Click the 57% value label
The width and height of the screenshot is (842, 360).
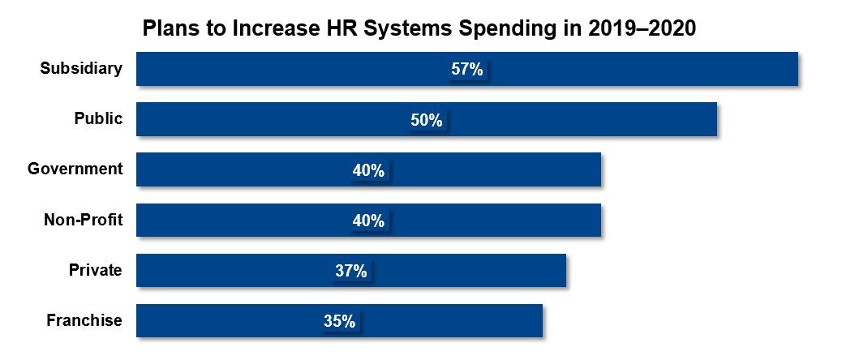467,70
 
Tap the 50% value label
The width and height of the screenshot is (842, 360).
427,120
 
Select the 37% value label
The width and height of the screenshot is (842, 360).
351,271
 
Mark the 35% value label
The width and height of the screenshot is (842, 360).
339,321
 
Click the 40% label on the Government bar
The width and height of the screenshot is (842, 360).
368,170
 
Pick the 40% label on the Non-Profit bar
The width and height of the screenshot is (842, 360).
368,221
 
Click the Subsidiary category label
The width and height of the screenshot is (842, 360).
82,68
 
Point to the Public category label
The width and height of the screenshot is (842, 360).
98,118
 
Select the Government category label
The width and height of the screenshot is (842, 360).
75,169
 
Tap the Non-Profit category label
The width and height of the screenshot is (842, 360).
83,219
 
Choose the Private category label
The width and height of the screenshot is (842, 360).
96,269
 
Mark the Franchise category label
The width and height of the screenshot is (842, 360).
84,319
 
